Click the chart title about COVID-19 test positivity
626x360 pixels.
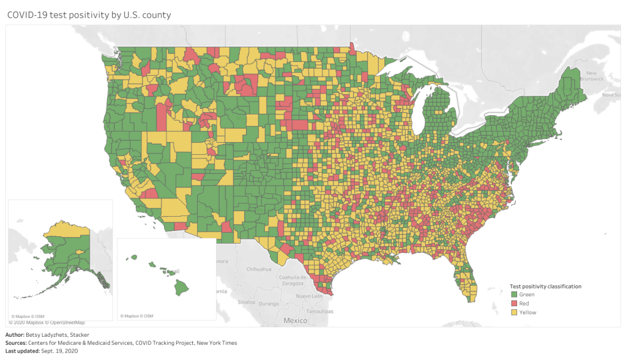[88, 14]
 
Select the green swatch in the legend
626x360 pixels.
[513, 294]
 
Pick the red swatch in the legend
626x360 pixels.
[513, 304]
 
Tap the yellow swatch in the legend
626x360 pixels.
[513, 312]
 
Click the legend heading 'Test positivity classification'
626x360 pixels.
[545, 286]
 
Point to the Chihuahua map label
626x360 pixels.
[259, 269]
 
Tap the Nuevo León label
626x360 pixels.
[308, 296]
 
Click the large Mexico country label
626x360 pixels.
[295, 321]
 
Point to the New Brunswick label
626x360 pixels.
[592, 76]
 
